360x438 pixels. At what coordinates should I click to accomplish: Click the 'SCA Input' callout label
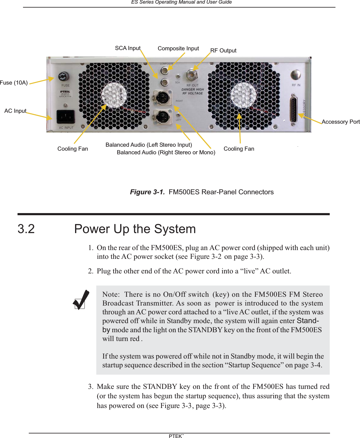coord(127,48)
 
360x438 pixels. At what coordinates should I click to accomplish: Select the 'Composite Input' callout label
coord(178,48)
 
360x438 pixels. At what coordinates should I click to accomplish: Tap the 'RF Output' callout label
coord(223,51)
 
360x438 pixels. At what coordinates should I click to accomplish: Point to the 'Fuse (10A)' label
coord(14,83)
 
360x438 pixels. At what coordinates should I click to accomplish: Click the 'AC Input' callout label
coord(15,111)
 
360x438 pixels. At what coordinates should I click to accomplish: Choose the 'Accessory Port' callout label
coord(340,122)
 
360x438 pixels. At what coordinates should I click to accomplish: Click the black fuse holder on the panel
coord(63,76)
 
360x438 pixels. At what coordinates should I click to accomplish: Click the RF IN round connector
coord(295,75)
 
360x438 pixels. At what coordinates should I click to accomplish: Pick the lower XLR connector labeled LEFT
coord(162,116)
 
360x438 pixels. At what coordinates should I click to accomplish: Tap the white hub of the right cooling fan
coord(243,95)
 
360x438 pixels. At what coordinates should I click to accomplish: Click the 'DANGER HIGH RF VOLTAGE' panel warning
coord(193,91)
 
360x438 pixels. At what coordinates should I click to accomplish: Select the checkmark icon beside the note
coord(81,300)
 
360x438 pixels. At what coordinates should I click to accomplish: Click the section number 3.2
coord(26,229)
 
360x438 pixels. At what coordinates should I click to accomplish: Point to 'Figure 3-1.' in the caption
coord(147,192)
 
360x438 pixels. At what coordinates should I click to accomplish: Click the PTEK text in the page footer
coord(176,436)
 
